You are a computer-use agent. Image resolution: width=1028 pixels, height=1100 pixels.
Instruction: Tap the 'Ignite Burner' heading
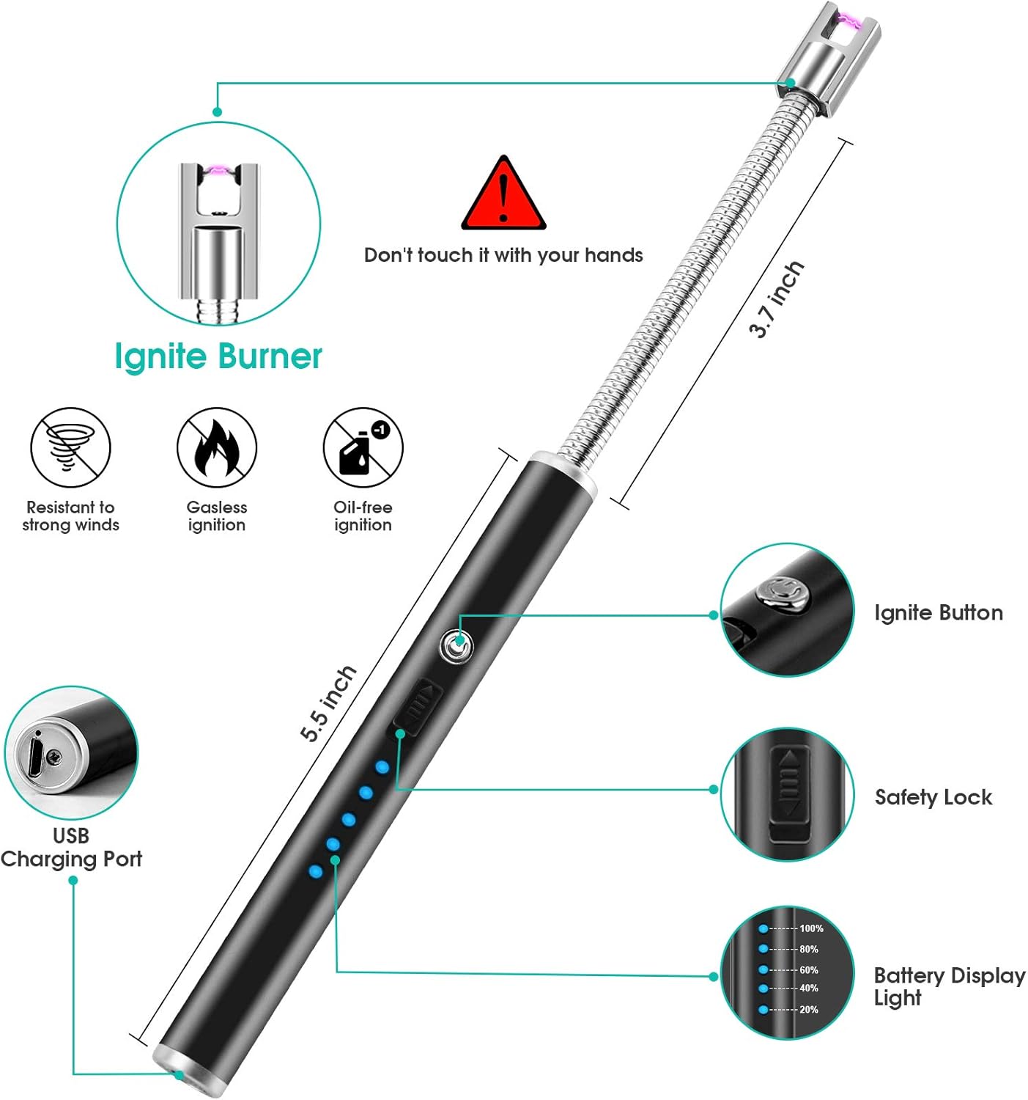218,357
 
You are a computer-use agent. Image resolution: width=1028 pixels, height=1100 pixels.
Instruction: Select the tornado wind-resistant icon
70,447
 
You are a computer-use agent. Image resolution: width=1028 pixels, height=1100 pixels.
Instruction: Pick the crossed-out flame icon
217,447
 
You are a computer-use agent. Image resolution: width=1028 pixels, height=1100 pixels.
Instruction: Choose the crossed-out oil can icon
363,447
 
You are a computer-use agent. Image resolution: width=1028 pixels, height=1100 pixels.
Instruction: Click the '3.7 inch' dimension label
776,299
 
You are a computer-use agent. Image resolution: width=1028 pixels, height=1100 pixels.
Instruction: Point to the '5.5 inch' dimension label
328,703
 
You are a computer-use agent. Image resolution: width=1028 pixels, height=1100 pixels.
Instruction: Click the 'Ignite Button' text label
939,613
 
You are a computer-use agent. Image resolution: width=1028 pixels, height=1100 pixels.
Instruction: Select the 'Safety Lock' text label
933,797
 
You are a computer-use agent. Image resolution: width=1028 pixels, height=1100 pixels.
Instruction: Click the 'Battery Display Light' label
949,986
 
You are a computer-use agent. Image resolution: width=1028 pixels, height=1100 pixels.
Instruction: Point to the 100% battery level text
811,928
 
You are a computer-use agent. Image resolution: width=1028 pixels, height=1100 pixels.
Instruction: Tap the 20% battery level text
809,1010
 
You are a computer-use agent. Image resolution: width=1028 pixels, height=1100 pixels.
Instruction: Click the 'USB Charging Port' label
71,848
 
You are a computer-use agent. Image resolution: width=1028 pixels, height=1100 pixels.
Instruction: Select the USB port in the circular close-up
36,755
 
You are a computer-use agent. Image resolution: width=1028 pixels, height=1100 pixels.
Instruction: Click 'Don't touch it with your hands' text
503,255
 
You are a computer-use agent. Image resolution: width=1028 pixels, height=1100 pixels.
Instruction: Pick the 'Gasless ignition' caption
217,516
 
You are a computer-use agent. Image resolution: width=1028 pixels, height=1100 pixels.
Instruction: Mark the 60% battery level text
809,969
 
